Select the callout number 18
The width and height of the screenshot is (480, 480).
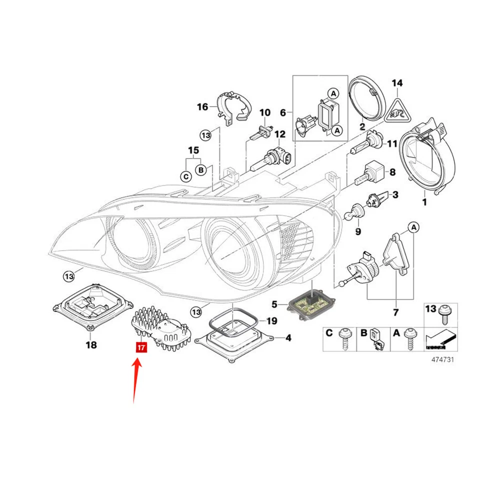pos(91,344)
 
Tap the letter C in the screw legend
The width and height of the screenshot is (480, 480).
pos(329,333)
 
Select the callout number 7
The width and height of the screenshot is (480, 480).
pos(395,313)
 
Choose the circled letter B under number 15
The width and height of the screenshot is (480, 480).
pos(200,170)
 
